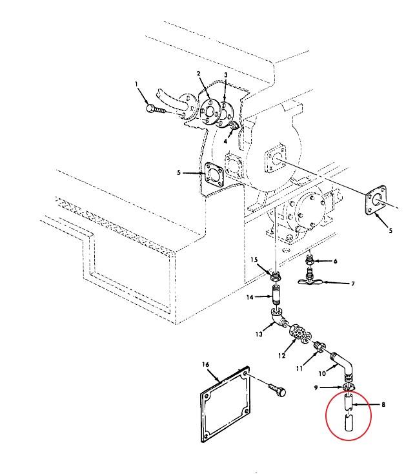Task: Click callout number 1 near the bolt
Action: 137,84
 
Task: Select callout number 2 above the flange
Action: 199,74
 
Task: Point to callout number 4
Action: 226,140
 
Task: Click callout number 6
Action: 335,261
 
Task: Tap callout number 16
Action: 206,364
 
